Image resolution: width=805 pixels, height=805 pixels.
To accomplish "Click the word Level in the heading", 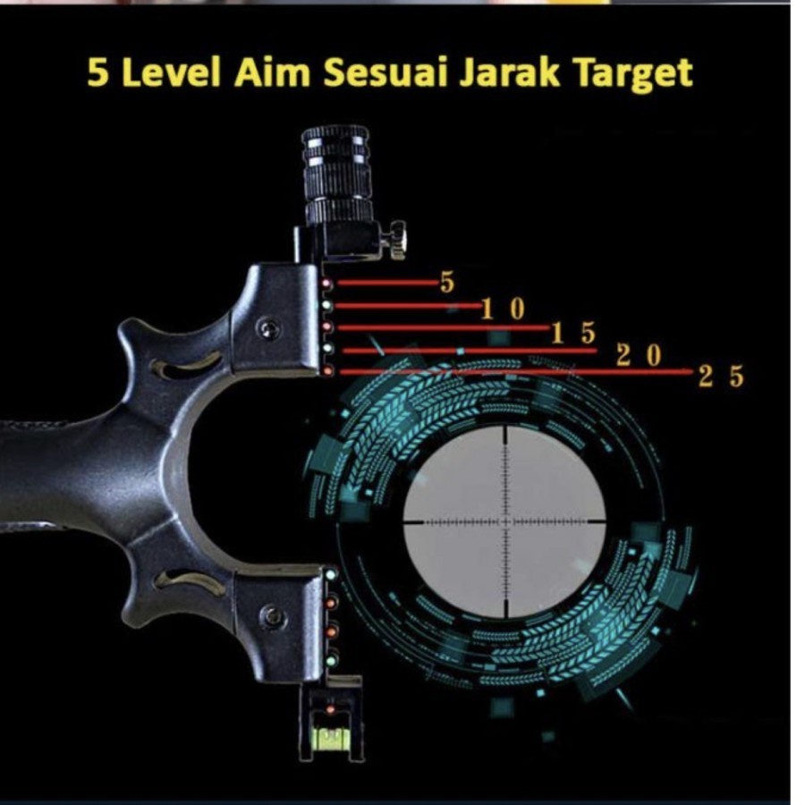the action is click(172, 73).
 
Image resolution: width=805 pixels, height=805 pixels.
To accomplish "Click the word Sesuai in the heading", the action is click(387, 73).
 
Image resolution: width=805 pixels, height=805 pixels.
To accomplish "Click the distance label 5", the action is click(447, 284).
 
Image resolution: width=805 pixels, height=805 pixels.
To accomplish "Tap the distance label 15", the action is click(572, 333).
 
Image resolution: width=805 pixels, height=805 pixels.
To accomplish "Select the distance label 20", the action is click(640, 355).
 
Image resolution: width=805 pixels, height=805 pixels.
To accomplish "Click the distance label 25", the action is click(721, 377).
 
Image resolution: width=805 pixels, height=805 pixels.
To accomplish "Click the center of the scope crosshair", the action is click(505, 520).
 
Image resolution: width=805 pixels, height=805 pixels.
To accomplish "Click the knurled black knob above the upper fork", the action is click(337, 175).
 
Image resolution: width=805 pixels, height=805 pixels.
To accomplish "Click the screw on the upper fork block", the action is click(267, 329).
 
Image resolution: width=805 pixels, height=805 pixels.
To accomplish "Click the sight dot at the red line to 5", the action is click(328, 284).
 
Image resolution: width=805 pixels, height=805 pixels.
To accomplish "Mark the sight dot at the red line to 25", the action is click(328, 370).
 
